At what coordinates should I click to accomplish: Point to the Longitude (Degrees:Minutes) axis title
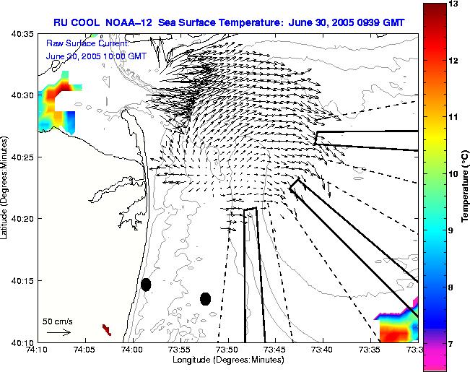(x=227, y=360)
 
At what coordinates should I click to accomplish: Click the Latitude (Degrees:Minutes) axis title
(x=6, y=188)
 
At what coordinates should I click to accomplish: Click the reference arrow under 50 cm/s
(x=58, y=332)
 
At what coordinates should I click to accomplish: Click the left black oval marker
(x=146, y=285)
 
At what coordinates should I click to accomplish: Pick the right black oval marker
(x=205, y=298)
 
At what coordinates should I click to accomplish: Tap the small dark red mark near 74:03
(x=107, y=329)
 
